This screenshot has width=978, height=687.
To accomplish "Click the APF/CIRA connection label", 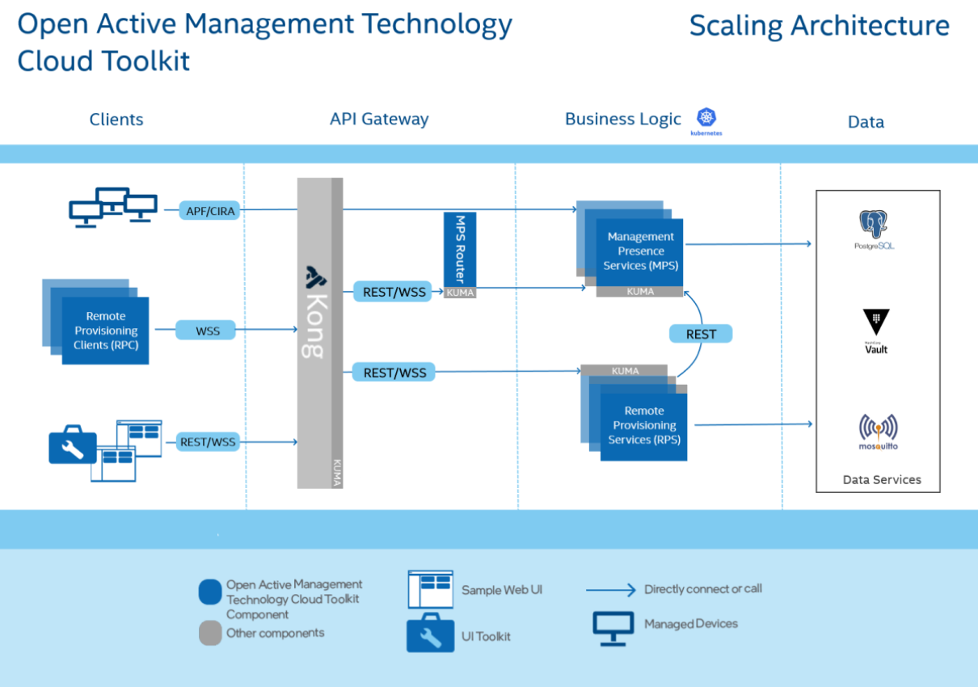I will pyautogui.click(x=209, y=211).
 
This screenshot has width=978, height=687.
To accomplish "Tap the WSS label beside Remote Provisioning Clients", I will pyautogui.click(x=208, y=330).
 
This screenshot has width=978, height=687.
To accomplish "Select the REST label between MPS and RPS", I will pyautogui.click(x=701, y=334).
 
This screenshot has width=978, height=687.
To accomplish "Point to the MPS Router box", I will pyautogui.click(x=460, y=250).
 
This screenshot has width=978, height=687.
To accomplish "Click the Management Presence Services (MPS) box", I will pyautogui.click(x=640, y=251).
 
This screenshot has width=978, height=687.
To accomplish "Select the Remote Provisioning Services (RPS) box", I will pyautogui.click(x=643, y=426).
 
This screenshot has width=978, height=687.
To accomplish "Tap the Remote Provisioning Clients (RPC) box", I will pyautogui.click(x=106, y=331).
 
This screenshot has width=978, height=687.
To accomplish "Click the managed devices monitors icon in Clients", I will pyautogui.click(x=112, y=207).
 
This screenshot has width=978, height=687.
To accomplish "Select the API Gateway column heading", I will pyautogui.click(x=379, y=119).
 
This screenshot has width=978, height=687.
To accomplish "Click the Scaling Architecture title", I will pyautogui.click(x=819, y=26).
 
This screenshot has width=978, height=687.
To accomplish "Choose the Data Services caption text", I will pyautogui.click(x=881, y=479).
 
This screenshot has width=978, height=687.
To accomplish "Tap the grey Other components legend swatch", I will pyautogui.click(x=210, y=634).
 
